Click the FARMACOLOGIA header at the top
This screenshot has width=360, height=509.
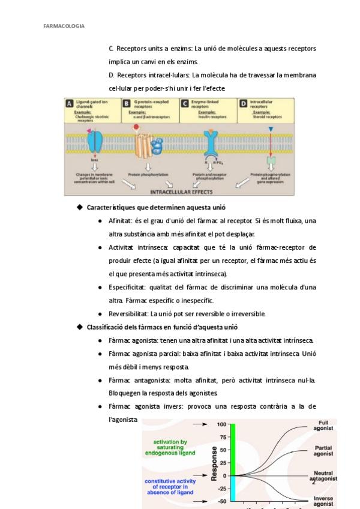pyautogui.click(x=64, y=26)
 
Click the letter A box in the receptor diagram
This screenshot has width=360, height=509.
pyautogui.click(x=70, y=103)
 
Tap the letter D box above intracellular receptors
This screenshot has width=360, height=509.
pyautogui.click(x=243, y=103)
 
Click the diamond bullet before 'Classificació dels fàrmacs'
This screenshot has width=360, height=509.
pyautogui.click(x=79, y=327)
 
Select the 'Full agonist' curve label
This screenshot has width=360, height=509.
pyautogui.click(x=323, y=426)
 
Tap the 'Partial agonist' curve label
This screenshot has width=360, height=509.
pyautogui.click(x=323, y=451)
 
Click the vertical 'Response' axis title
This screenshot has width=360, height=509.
pyautogui.click(x=214, y=463)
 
